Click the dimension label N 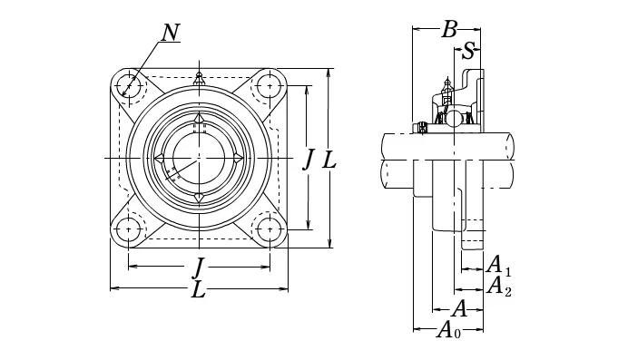click(171, 33)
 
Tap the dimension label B click(449, 29)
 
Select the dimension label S click(468, 51)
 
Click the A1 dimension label click(498, 266)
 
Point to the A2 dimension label click(498, 286)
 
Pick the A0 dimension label click(448, 329)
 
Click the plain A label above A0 click(459, 308)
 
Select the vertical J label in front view click(309, 161)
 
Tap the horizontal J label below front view click(200, 268)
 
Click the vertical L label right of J click(329, 160)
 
